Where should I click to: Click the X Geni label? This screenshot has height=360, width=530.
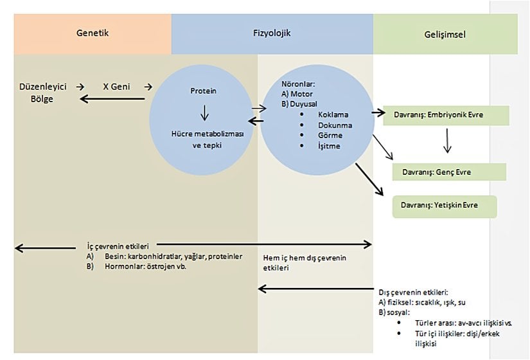click(x=118, y=85)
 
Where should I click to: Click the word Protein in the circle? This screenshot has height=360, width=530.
click(x=203, y=91)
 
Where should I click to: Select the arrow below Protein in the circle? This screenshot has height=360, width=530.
click(x=204, y=113)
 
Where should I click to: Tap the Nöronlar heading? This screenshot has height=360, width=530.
click(x=299, y=84)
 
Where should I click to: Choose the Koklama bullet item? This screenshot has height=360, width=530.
click(x=333, y=114)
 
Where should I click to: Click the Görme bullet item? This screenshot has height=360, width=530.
click(x=330, y=136)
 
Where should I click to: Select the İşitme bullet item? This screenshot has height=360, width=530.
click(x=329, y=146)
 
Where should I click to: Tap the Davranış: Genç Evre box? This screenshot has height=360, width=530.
click(x=449, y=172)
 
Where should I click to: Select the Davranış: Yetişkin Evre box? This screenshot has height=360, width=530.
click(x=445, y=206)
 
